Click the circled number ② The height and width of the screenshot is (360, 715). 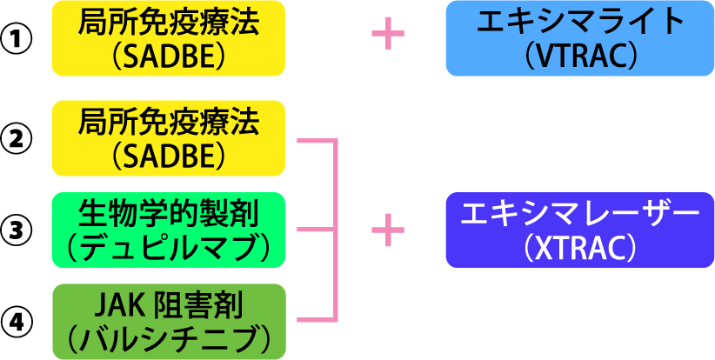click(16, 138)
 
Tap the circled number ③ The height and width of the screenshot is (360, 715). click(16, 230)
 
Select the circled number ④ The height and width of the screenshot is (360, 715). click(16, 322)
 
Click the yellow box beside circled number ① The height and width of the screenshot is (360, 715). click(169, 38)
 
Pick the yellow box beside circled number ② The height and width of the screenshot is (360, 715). click(169, 138)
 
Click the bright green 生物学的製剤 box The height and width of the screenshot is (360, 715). click(169, 230)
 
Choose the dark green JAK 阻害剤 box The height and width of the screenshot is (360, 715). click(169, 322)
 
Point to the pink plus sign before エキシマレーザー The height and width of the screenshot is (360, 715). click(388, 230)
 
